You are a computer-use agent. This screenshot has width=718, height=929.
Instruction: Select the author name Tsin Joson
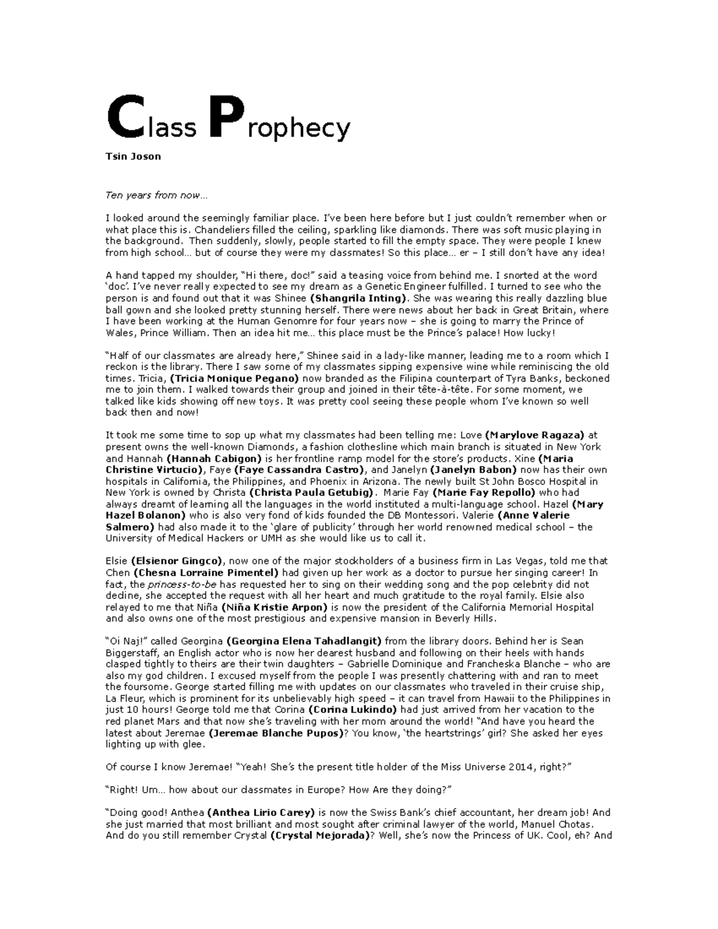133,157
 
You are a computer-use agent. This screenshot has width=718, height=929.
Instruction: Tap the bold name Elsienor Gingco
177,561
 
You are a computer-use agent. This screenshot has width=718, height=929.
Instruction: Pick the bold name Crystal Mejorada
320,836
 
